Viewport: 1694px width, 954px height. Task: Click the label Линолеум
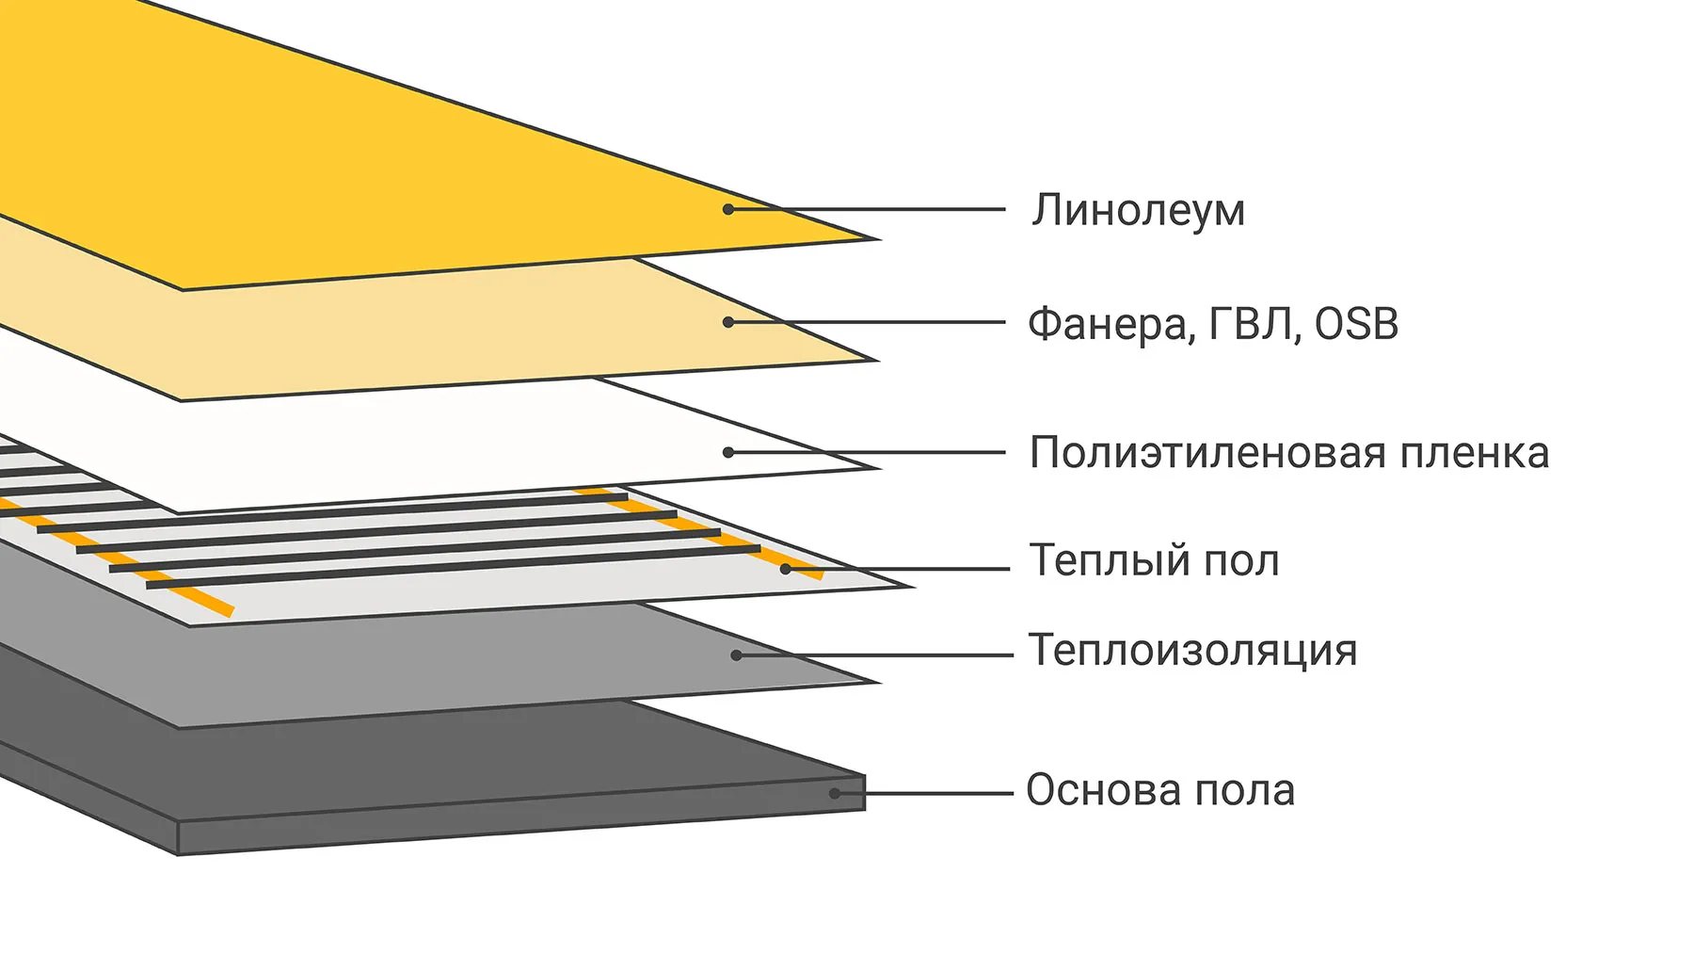1138,210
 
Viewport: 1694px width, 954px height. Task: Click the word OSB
1356,324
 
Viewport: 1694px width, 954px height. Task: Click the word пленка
1475,453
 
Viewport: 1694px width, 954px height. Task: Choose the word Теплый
1106,560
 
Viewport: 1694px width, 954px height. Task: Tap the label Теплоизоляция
1193,651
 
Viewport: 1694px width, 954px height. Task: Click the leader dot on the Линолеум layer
728,209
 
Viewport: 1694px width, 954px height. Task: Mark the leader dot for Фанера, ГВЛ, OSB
728,322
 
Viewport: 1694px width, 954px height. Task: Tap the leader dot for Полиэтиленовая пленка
728,452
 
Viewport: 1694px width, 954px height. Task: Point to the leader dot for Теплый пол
785,569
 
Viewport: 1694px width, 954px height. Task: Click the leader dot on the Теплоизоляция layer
737,655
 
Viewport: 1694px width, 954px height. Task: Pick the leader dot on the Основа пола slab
834,794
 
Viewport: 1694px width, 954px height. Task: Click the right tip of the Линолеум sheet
878,239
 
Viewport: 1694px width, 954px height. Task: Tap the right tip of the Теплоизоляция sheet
878,682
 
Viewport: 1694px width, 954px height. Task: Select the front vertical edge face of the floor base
521,817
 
